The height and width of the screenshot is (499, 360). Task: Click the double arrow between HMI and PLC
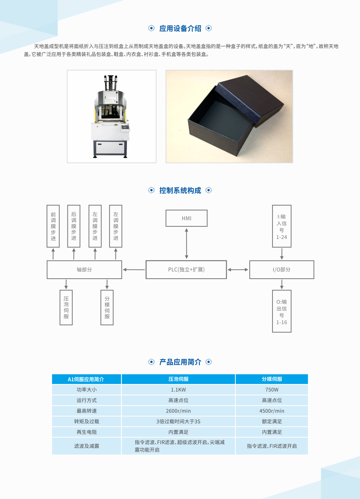tap(186, 243)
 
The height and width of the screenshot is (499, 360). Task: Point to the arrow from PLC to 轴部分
tap(134, 270)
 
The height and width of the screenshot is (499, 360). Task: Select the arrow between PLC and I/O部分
tap(238, 270)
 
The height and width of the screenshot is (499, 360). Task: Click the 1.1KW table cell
tap(178, 390)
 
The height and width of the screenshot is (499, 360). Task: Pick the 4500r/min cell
tap(272, 411)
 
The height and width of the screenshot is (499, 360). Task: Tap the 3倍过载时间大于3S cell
tap(178, 421)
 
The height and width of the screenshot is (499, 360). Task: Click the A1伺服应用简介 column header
tap(86, 379)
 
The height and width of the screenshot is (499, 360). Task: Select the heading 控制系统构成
tap(180, 190)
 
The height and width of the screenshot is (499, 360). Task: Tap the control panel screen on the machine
tap(125, 128)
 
